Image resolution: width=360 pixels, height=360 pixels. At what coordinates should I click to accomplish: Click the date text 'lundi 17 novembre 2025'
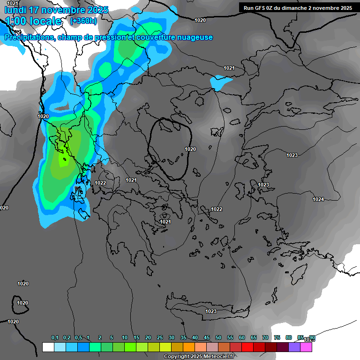[x=56, y=10]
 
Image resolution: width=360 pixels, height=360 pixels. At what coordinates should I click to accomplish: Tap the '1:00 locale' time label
[x=33, y=21]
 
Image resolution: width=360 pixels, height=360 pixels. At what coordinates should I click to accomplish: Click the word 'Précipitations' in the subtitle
[x=30, y=37]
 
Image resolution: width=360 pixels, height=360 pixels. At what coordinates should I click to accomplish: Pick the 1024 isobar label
[x=318, y=199]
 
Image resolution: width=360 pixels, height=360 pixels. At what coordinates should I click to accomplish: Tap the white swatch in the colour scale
[x=48, y=347]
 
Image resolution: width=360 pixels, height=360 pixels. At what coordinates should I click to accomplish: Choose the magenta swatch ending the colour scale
[x=306, y=347]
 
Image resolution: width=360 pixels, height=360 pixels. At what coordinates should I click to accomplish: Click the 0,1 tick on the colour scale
[x=55, y=338]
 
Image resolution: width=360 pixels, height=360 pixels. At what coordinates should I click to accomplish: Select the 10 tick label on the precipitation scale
[x=125, y=338]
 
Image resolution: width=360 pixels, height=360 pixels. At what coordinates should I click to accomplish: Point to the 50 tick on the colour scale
[x=218, y=338]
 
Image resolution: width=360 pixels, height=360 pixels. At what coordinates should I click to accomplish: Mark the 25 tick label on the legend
[x=160, y=338]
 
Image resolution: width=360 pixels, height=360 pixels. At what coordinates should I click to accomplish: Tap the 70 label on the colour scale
[x=265, y=338]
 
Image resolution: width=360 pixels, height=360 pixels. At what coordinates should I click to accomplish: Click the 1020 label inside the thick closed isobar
[x=190, y=149]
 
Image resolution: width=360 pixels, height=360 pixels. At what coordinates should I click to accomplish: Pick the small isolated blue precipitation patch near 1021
[x=221, y=82]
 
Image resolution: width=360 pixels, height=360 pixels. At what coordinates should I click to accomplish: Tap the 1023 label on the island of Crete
[x=211, y=311]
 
